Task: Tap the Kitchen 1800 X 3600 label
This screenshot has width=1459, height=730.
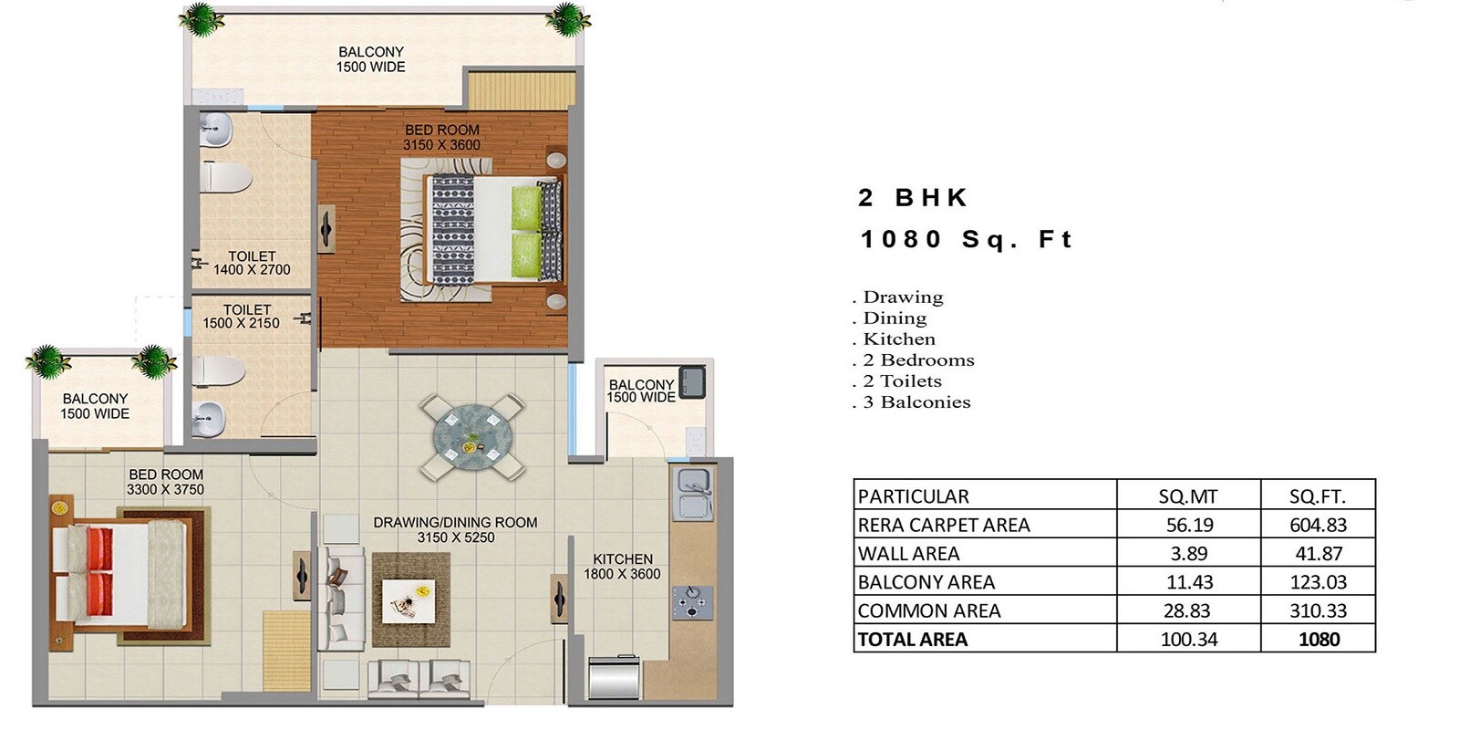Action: [x=622, y=567]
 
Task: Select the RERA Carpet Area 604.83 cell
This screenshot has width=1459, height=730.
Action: [x=1318, y=525]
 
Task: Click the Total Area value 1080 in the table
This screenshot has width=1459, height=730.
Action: [x=1319, y=639]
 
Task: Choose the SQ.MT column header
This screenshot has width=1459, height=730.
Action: [x=1187, y=496]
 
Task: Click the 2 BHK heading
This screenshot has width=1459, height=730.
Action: [x=913, y=198]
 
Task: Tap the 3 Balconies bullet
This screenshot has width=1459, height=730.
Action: [x=915, y=402]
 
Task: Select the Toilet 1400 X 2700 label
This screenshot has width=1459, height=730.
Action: [x=252, y=263]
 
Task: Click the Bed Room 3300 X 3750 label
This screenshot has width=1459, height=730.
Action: [x=165, y=482]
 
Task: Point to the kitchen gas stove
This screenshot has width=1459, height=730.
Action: [x=691, y=601]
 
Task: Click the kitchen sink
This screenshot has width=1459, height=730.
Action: [x=693, y=494]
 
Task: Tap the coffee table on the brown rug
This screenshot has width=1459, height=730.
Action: [x=408, y=600]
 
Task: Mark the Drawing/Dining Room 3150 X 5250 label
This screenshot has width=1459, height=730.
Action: [x=455, y=529]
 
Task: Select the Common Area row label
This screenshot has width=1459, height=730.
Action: [x=929, y=610]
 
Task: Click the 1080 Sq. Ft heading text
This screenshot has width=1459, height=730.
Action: [x=966, y=239]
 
